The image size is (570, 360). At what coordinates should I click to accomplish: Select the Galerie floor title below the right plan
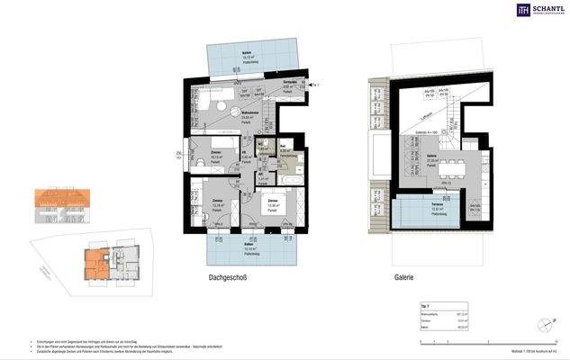click(403, 278)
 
